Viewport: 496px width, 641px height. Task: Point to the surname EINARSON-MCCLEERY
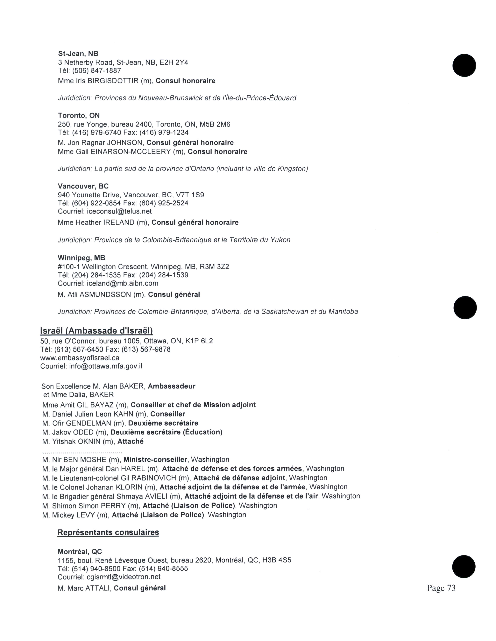[x=131, y=152]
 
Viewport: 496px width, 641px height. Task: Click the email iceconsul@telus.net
[x=119, y=211]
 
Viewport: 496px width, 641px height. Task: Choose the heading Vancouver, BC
[x=83, y=186]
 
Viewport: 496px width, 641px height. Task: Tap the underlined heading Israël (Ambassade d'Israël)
[x=96, y=331]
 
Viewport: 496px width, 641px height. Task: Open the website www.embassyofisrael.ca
[x=80, y=358]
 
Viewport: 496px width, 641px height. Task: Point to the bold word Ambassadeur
[x=172, y=386]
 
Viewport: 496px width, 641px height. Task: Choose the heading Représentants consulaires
[x=108, y=532]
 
